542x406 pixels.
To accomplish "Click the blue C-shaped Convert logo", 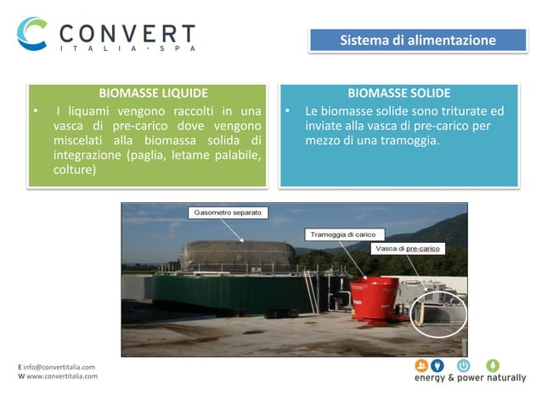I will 32,35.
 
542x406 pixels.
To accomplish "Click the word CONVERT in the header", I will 127,34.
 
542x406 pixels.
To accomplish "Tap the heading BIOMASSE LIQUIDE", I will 153,93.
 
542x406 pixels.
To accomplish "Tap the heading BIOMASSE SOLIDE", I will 398,93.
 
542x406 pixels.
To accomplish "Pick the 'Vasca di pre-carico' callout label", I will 410,249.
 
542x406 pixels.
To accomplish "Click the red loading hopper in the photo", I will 374,298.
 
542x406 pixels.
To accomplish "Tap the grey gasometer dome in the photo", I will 237,255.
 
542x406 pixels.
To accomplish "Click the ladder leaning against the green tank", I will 313,292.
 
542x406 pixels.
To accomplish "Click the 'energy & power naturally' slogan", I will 470,378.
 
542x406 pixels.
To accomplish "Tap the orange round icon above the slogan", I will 421,365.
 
